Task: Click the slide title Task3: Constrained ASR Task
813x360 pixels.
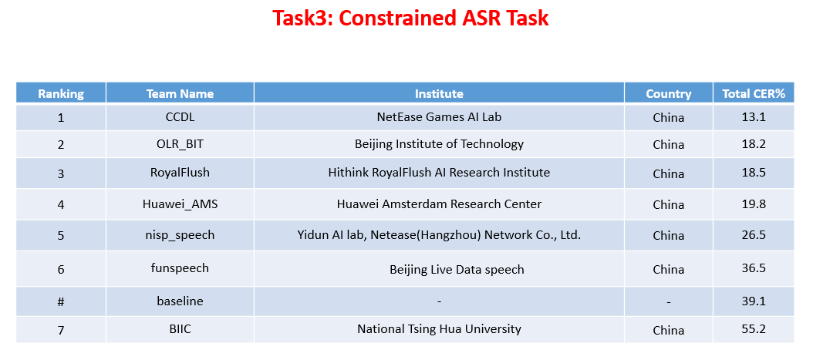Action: coord(410,19)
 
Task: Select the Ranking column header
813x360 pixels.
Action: coord(61,94)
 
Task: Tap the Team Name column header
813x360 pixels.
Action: coord(180,94)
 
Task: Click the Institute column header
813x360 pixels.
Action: coord(439,94)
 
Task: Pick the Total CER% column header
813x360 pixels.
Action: coord(753,94)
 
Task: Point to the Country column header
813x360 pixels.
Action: coord(668,94)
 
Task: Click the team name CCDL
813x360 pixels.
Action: coord(180,117)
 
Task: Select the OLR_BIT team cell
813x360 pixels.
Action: coord(180,144)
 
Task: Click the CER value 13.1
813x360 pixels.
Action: coord(753,117)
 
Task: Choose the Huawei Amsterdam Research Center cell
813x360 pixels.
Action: coord(439,204)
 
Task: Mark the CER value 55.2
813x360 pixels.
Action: coord(753,329)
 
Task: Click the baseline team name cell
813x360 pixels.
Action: coord(180,301)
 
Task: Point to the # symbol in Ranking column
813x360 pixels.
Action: coord(61,301)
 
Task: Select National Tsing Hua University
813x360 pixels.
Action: coord(439,329)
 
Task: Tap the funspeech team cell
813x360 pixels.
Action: coord(180,268)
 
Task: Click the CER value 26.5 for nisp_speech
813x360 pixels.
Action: coord(753,235)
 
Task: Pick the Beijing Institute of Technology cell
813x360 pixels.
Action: coord(439,144)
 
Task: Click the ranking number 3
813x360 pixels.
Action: coord(61,173)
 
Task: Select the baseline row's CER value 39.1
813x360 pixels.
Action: coord(753,301)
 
